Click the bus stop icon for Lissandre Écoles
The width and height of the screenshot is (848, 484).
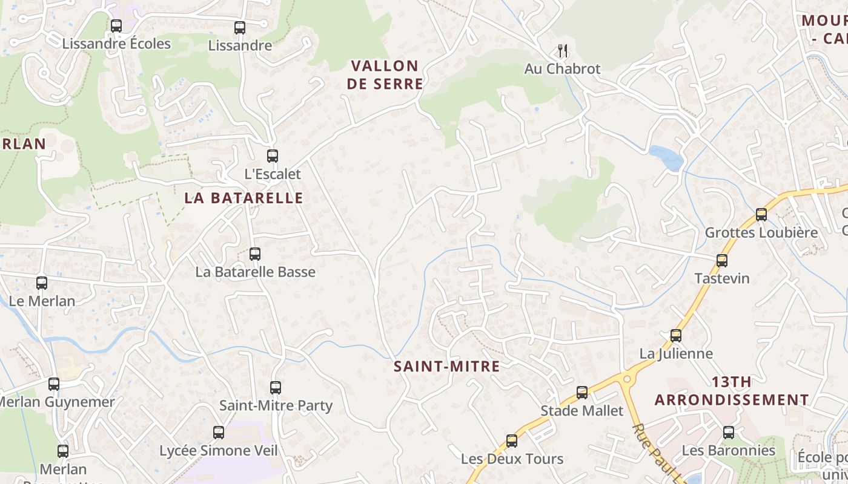[116, 26]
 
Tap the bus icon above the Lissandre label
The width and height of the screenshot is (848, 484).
[240, 27]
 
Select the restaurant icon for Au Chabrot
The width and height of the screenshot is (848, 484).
[563, 51]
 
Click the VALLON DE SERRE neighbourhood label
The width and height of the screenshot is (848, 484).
[385, 74]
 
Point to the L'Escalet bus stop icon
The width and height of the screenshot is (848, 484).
[273, 155]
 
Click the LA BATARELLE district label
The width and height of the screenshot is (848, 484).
[243, 198]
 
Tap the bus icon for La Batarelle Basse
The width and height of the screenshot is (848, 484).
[255, 253]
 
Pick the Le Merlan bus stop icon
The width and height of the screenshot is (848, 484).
[42, 283]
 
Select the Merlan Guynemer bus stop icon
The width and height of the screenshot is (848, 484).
[54, 384]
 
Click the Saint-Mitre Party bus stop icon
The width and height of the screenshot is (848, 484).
[276, 387]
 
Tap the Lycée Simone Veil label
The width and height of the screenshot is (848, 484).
[219, 451]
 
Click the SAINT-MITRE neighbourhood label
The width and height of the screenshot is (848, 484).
[447, 366]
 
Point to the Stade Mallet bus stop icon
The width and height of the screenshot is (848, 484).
[582, 393]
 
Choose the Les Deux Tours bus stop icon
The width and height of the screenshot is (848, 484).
[512, 440]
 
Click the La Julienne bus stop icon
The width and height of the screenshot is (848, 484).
[676, 335]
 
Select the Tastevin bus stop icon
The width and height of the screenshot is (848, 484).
[722, 260]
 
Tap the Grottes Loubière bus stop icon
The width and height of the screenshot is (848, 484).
[761, 214]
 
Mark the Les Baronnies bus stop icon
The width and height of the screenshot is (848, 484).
[729, 433]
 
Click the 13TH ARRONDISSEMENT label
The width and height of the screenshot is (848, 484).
[732, 391]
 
